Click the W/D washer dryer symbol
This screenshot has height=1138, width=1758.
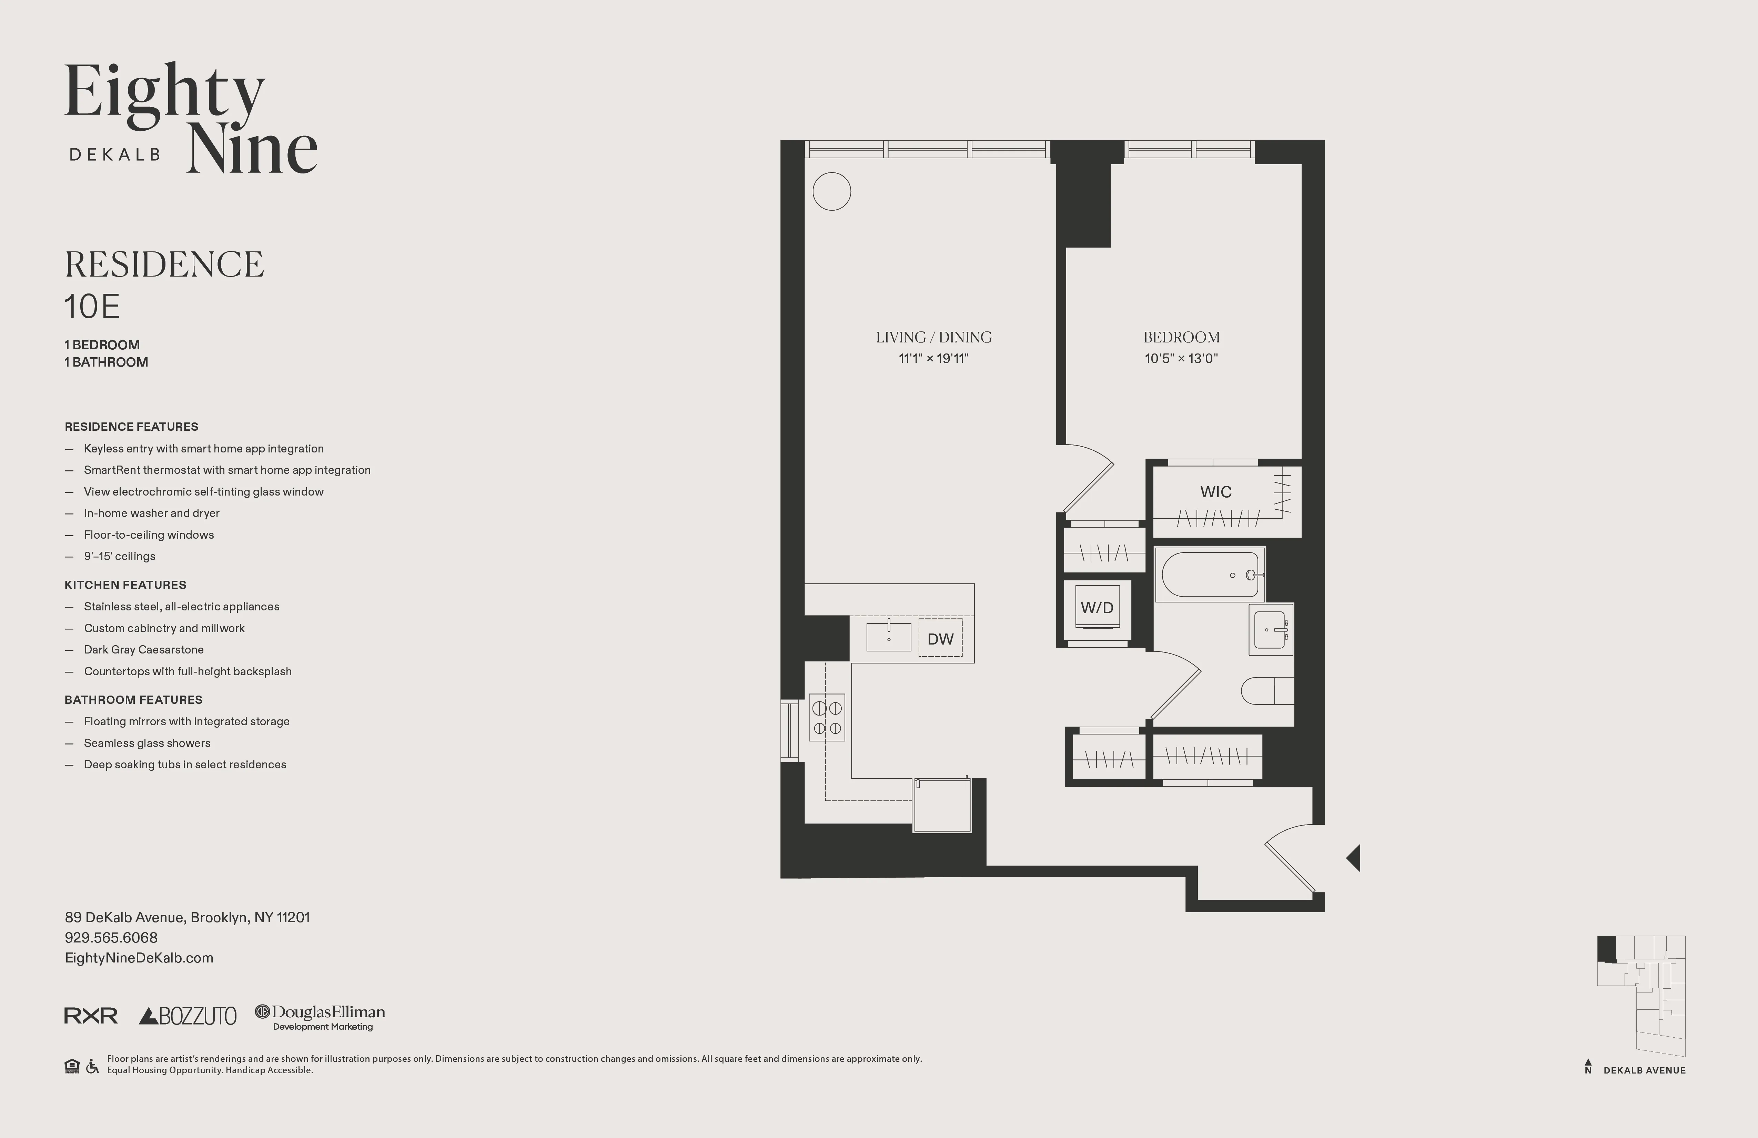(1097, 607)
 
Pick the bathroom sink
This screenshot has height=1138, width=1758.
(1271, 630)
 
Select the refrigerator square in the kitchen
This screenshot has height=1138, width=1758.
(942, 805)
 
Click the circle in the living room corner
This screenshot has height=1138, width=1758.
(832, 191)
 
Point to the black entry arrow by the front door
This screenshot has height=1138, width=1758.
(1353, 858)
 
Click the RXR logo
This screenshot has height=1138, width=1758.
(91, 1016)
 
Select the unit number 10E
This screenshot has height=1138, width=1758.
(92, 307)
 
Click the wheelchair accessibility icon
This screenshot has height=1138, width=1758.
(92, 1066)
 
